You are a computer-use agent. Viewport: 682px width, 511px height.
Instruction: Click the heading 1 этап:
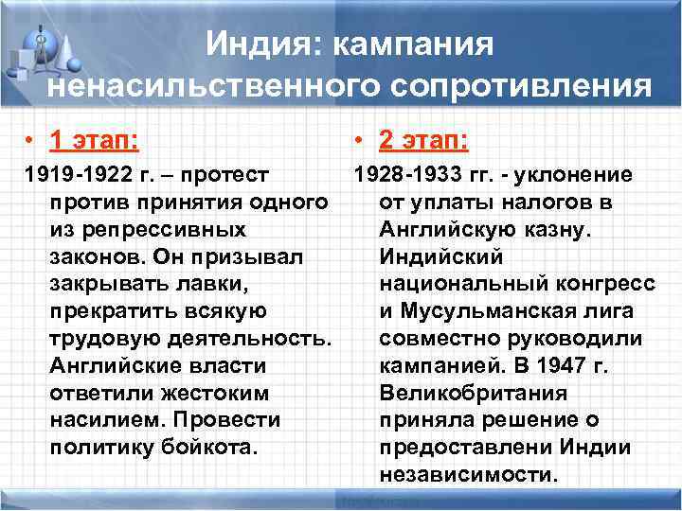pyautogui.click(x=94, y=141)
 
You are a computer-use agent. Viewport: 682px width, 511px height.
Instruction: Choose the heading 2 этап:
pyautogui.click(x=422, y=141)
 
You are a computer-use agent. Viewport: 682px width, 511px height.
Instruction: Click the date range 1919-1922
pyautogui.click(x=71, y=175)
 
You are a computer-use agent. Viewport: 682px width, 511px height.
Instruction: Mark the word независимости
pyautogui.click(x=468, y=473)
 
